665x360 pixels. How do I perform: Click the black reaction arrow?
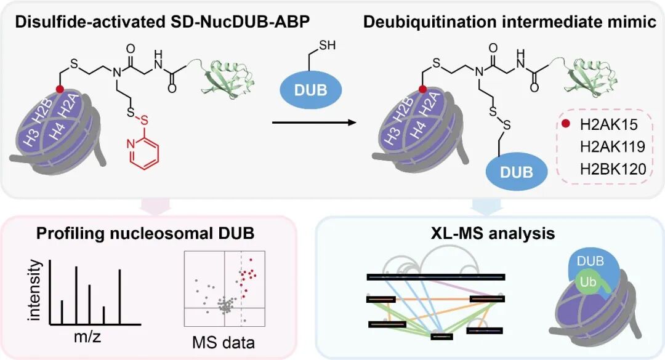click(315, 122)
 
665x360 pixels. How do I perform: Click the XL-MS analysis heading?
click(491, 233)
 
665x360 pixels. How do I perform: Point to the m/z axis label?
click(86, 337)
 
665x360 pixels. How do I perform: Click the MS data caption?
click(225, 340)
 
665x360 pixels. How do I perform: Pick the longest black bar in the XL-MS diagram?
click(435, 277)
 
